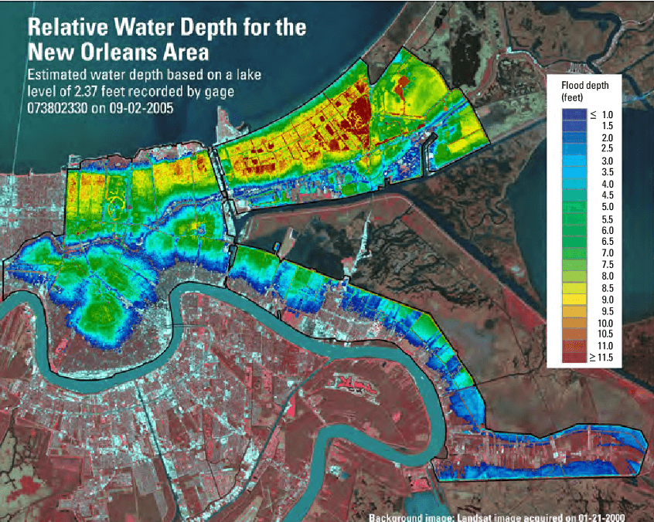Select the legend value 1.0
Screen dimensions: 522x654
(607, 114)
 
